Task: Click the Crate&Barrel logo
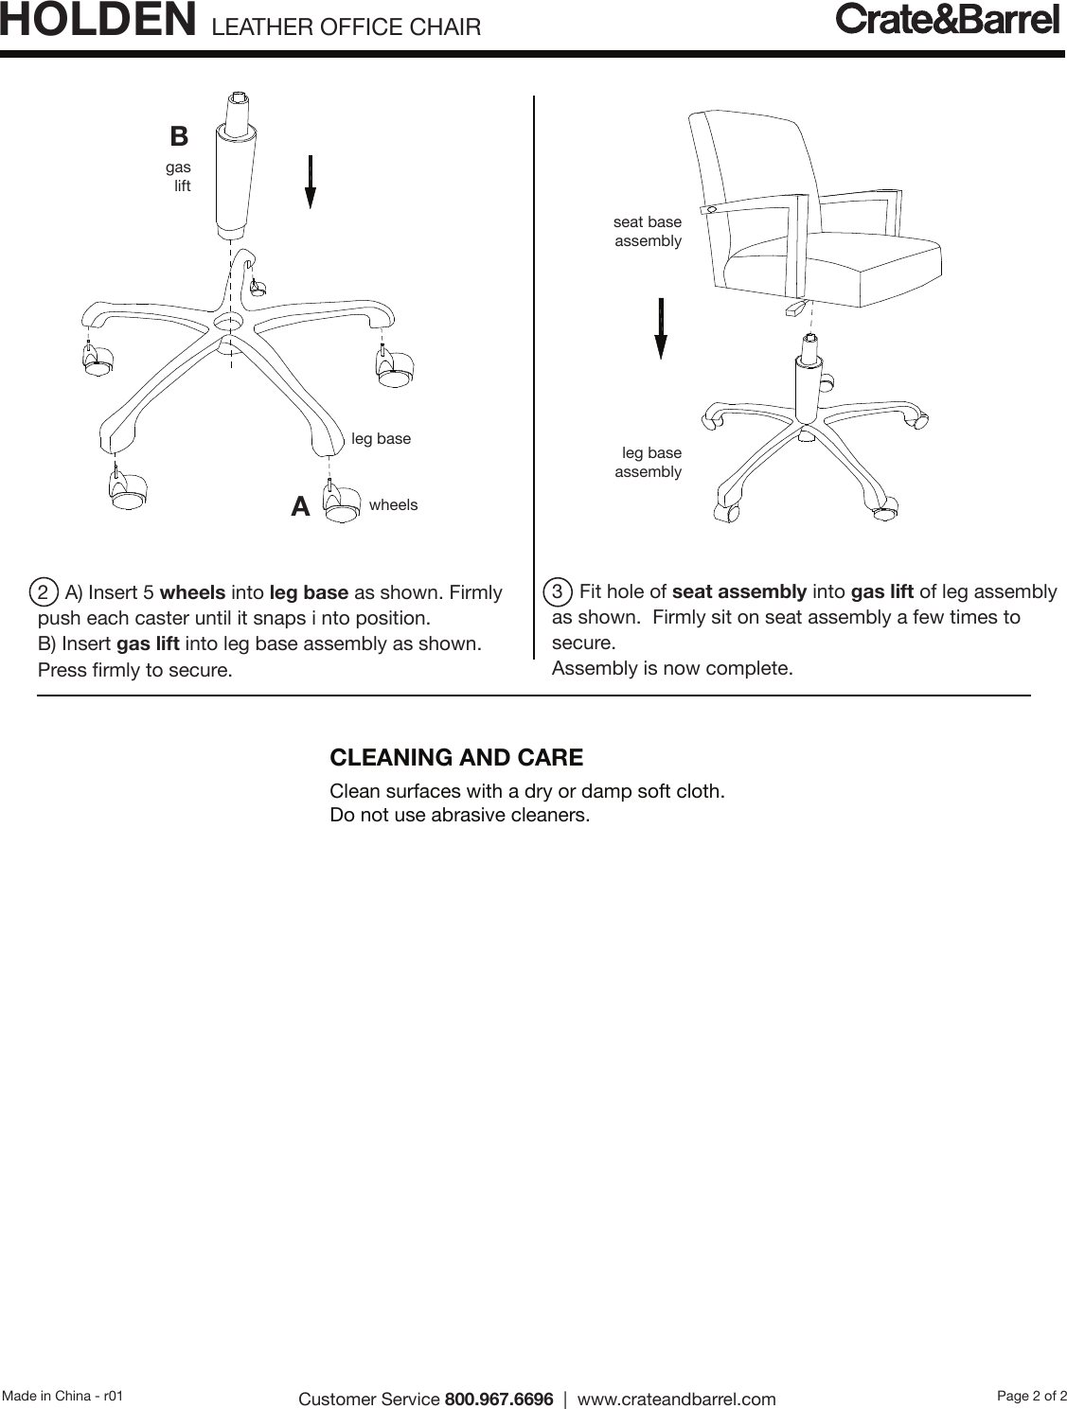[947, 20]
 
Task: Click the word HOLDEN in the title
[98, 21]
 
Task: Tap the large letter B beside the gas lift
[179, 136]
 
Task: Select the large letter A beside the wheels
[300, 507]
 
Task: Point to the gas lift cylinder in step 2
[236, 180]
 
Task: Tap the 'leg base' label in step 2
[381, 439]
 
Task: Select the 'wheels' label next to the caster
[393, 505]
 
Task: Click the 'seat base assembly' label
[648, 232]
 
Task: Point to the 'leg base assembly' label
[649, 463]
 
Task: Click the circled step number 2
[43, 593]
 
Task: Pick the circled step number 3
[558, 592]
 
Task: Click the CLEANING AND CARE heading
[456, 758]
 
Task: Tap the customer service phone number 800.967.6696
[499, 1399]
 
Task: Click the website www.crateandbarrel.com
[676, 1399]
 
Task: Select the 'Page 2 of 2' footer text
[1032, 1396]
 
